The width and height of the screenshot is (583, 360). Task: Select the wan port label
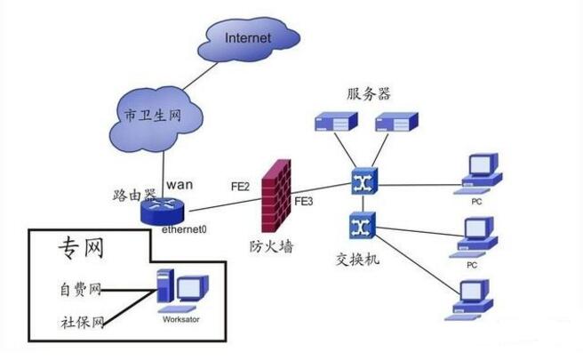pyautogui.click(x=180, y=184)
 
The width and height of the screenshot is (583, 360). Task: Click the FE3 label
pyautogui.click(x=304, y=203)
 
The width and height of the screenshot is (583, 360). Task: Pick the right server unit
pyautogui.click(x=395, y=122)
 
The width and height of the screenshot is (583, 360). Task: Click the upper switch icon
pyautogui.click(x=363, y=181)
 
